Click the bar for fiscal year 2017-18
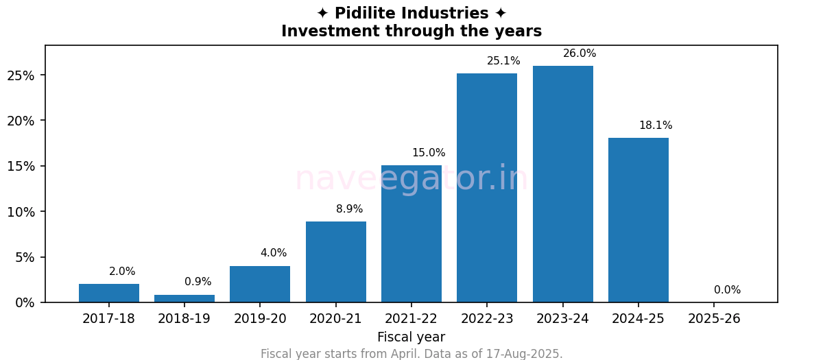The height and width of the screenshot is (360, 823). pos(109,293)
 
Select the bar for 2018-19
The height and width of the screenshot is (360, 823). pos(184,299)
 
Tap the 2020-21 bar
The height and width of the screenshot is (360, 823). pos(336,262)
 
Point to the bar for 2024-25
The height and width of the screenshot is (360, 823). pos(639,220)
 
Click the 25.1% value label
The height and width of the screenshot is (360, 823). pos(503,61)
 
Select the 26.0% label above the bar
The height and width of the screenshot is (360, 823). pos(580,53)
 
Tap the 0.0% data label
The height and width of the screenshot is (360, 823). pos(727,290)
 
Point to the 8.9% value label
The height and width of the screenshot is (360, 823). pos(349,209)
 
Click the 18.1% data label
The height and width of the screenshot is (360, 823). pos(656,125)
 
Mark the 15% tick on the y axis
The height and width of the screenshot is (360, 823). pos(21,166)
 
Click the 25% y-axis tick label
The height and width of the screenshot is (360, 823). pos(21,75)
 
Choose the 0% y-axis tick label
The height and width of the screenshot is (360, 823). pos(25,302)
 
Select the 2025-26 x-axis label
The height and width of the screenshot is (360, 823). pos(714,319)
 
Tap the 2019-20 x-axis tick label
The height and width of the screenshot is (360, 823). pos(260,319)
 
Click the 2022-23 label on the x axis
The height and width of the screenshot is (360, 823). pos(487,319)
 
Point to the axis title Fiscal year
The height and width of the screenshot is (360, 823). pos(411,337)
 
